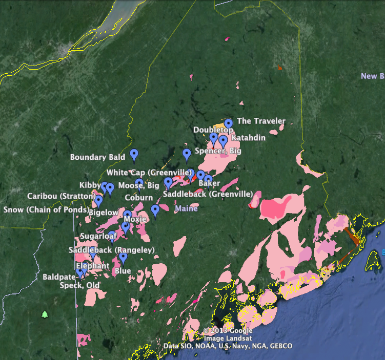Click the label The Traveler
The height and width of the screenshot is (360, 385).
tap(260, 121)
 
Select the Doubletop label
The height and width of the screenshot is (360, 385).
tap(210, 130)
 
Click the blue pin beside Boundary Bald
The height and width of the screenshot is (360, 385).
tap(134, 154)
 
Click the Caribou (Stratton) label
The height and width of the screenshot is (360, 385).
tap(56, 196)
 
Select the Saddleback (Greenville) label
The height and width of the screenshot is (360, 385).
tap(208, 194)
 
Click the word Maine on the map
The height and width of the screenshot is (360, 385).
tap(186, 209)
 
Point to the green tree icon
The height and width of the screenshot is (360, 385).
tap(45, 314)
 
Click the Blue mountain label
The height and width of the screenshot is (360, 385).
tap(123, 270)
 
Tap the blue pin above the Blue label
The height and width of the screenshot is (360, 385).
tap(123, 257)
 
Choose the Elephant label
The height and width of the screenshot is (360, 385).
tap(92, 266)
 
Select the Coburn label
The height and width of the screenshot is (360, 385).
tap(139, 198)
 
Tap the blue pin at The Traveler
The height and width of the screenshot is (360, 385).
tap(229, 123)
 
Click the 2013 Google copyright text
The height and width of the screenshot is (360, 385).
tap(227, 331)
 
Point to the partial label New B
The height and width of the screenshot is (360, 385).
tap(372, 76)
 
